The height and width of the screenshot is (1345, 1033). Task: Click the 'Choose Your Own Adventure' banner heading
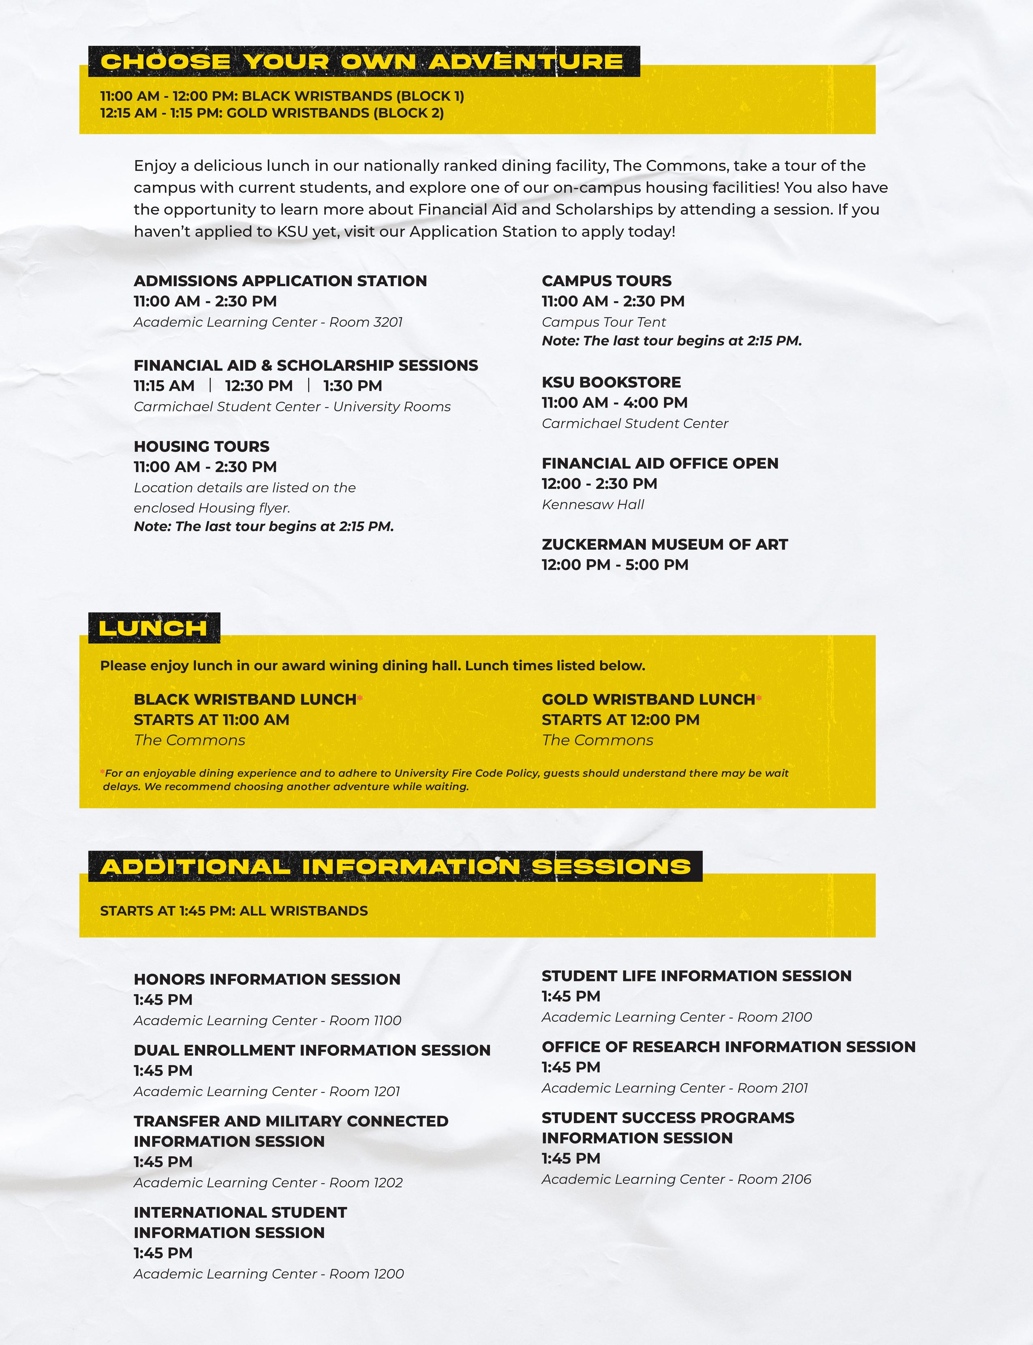coord(362,62)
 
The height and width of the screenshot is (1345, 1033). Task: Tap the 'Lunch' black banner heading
coord(153,628)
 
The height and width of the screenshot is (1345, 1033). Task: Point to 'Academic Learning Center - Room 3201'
coord(268,322)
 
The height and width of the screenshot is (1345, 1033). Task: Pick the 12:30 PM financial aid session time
coord(259,386)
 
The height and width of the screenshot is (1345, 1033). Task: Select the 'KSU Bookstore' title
coord(611,383)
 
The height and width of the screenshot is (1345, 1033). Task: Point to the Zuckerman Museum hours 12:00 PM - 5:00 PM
coord(615,565)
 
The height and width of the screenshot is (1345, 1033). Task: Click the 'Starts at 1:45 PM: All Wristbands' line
coord(234,911)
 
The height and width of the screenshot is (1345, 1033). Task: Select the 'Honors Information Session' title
coord(267,979)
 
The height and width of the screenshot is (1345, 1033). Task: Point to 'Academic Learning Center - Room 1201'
coord(267,1092)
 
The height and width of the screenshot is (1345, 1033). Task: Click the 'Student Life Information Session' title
coord(697,976)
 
